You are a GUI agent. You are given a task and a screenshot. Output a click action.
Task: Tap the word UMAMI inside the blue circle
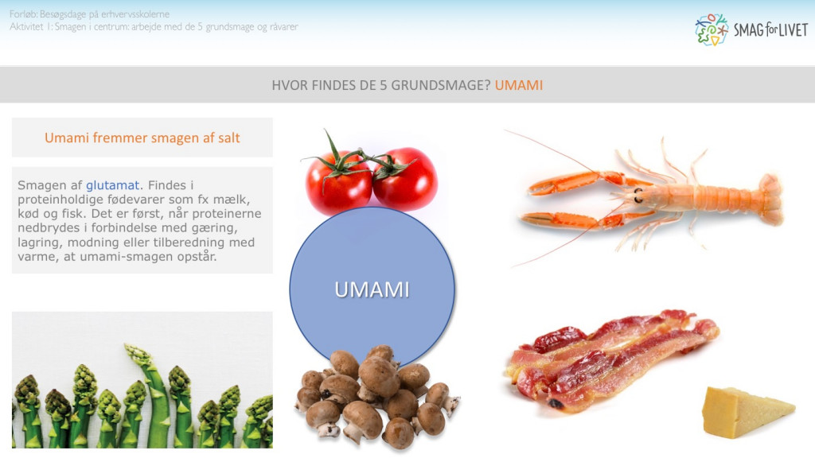tap(372, 289)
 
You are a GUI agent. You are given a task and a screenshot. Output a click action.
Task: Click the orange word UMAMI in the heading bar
tap(519, 85)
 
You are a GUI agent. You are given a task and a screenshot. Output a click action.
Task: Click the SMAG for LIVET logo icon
tap(711, 29)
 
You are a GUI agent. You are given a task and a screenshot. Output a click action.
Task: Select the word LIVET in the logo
tap(790, 30)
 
